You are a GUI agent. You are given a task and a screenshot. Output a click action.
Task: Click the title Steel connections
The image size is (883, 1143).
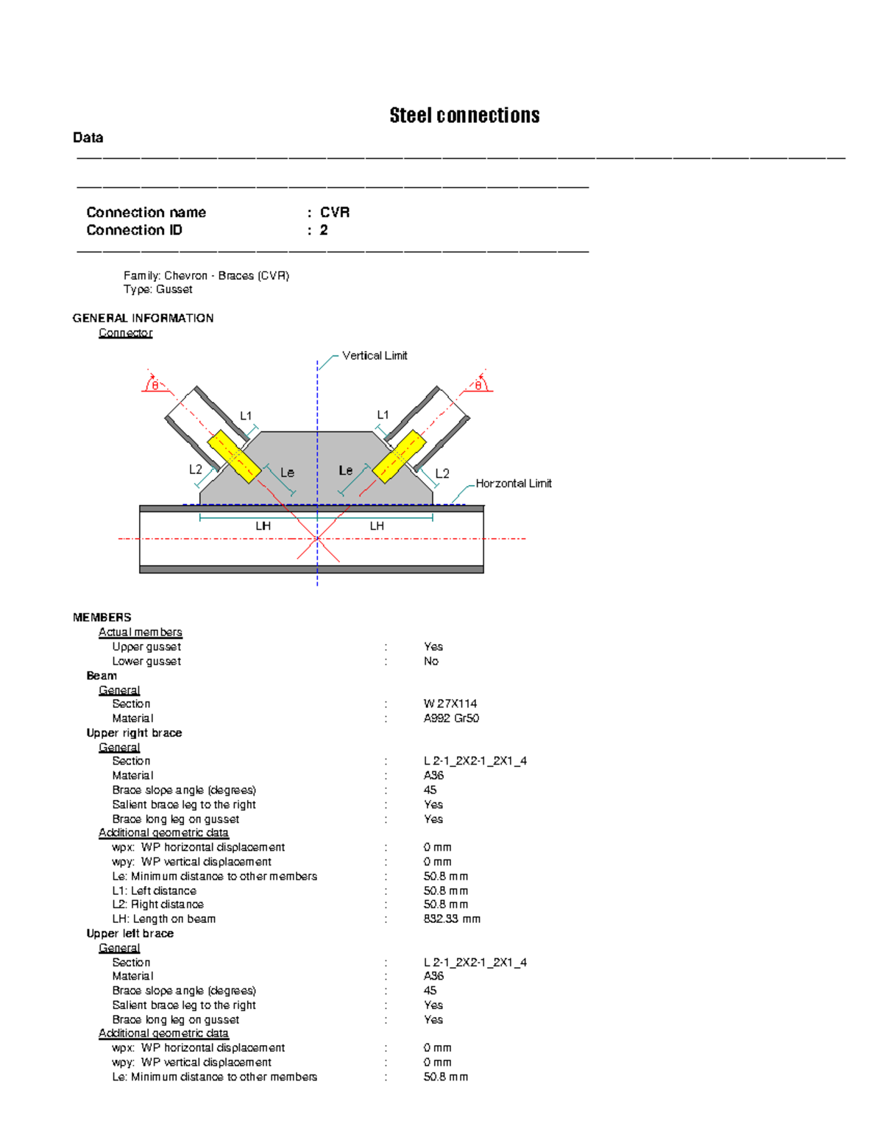464,116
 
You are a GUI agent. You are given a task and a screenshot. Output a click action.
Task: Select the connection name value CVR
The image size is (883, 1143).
335,213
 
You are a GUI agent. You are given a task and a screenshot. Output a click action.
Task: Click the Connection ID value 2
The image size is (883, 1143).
324,230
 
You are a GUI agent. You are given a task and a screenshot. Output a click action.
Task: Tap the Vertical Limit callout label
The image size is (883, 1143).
375,355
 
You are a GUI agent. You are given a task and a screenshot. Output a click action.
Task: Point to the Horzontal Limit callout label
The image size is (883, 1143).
514,484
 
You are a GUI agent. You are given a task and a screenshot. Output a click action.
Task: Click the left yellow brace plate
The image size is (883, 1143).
234,457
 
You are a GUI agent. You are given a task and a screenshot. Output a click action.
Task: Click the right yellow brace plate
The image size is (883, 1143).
400,456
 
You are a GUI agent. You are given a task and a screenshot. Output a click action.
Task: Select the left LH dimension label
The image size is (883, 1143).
263,526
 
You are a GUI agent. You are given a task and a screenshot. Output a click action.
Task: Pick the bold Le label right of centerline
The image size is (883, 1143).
346,470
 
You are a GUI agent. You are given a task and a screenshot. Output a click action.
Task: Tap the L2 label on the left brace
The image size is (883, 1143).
196,470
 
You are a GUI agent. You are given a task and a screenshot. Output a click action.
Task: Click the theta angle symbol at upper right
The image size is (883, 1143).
478,385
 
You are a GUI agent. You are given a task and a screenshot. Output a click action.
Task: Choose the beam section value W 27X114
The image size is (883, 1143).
450,704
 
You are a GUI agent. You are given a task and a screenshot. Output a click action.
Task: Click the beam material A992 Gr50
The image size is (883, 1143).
451,718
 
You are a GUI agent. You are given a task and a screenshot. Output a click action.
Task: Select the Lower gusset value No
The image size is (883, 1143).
431,662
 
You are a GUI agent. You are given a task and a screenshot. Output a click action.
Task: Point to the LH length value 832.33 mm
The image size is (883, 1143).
452,919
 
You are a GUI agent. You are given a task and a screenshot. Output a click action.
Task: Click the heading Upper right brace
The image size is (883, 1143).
134,733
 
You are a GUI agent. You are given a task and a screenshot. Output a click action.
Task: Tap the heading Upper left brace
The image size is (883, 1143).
130,933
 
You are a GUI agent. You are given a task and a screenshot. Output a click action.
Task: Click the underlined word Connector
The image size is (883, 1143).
126,333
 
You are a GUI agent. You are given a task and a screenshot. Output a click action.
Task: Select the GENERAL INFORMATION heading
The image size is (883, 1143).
143,318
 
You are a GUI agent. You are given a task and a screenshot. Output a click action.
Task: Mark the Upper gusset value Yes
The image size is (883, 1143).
433,647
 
